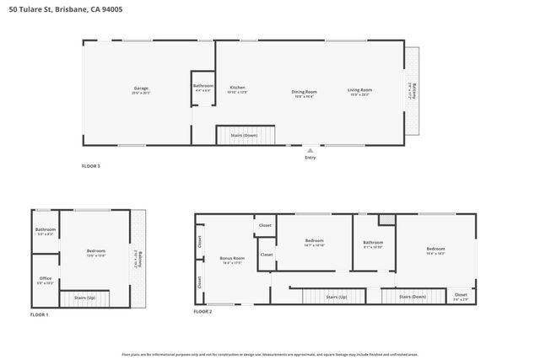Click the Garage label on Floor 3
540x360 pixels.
pos(141,89)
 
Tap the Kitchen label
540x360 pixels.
pos(238,88)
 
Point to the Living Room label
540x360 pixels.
pos(360,90)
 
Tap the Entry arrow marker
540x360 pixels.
pos(310,148)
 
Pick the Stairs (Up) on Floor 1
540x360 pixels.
pos(85,298)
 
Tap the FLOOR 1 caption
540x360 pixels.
pos(40,314)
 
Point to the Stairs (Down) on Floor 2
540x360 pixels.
pos(413,297)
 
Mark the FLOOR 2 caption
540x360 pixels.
pos(202,311)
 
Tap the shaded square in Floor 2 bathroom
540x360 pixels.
pos(386,219)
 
